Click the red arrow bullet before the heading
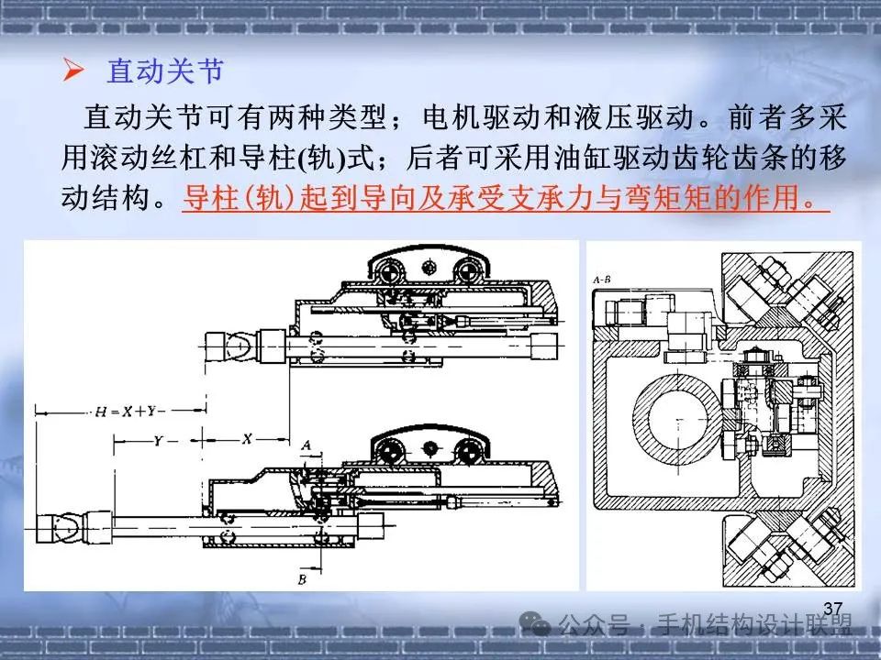coord(73,71)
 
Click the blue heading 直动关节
coord(165,71)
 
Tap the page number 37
coord(832,609)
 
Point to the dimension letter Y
coord(158,441)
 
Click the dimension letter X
coord(247,439)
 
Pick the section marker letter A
coord(306,445)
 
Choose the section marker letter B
coord(302,578)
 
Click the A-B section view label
coord(602,280)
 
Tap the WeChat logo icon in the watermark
coord(534,623)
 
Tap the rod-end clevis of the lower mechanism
coord(61,528)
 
